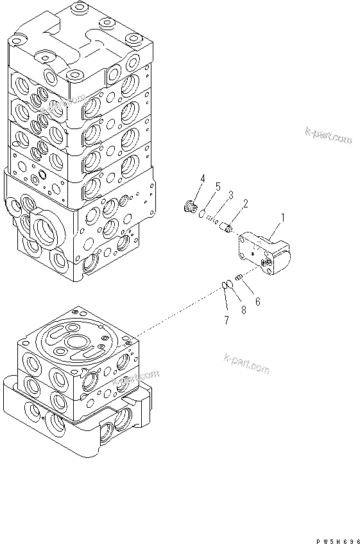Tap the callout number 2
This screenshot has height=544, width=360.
(244, 204)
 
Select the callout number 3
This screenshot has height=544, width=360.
(230, 195)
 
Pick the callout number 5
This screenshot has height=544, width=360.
(218, 187)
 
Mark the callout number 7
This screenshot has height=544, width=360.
(226, 320)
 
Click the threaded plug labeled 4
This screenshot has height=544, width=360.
(189, 206)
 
